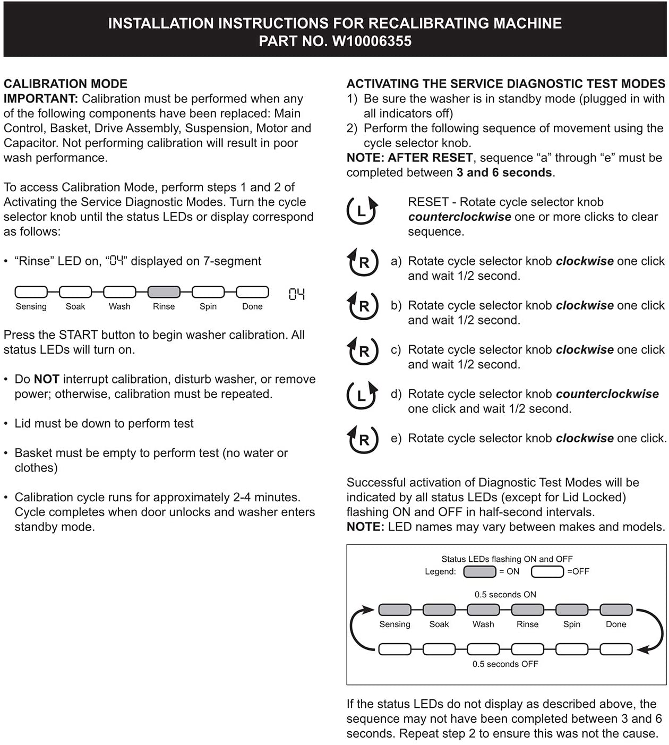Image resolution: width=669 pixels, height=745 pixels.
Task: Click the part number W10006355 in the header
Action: (372, 41)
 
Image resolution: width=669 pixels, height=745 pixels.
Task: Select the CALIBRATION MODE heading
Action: (65, 83)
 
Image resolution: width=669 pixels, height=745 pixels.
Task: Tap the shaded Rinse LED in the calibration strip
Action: (164, 292)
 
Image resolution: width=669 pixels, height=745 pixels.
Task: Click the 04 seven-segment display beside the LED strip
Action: (296, 294)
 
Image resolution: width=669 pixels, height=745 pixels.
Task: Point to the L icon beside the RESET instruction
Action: (362, 210)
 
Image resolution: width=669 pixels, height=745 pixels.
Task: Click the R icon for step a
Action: (363, 262)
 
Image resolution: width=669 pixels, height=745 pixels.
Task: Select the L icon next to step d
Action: (362, 395)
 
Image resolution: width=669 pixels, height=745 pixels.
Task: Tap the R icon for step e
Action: (363, 439)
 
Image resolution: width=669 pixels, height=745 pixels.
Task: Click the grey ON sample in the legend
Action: (479, 571)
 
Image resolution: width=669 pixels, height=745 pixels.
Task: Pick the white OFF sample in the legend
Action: (547, 571)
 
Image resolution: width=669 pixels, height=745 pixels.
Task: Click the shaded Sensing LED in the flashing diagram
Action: (394, 609)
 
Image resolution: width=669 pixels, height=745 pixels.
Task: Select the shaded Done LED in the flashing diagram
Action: (616, 609)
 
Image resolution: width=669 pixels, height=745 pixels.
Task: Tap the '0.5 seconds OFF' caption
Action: (505, 664)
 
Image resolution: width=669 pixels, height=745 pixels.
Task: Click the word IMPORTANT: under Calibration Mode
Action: (41, 98)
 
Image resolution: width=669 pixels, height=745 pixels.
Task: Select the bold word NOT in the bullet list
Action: (46, 379)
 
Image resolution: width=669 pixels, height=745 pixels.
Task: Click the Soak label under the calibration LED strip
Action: (75, 306)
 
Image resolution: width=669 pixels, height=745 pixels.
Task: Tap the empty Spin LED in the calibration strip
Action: (208, 292)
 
